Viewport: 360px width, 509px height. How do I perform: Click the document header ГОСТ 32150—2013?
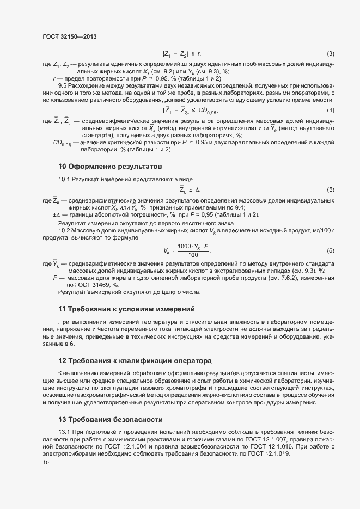tap(69, 36)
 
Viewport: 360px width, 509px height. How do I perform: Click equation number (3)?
tap(330, 53)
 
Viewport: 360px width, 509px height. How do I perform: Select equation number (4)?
tap(330, 111)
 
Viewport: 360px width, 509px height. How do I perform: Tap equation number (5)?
tap(330, 189)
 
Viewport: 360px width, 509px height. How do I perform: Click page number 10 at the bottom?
tap(46, 463)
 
